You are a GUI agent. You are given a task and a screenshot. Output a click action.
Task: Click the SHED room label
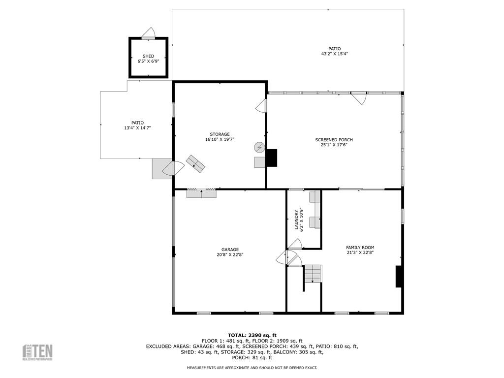(148, 56)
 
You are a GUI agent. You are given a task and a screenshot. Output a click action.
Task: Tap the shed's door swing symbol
(149, 33)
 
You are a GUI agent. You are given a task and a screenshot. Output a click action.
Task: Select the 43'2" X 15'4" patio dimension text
(334, 54)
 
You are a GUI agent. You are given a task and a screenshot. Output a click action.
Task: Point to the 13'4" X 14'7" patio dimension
(138, 128)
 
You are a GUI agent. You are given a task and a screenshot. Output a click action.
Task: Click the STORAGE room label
(220, 134)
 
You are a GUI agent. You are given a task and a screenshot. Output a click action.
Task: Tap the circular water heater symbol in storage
(259, 147)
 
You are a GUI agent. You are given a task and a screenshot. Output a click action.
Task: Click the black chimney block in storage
(272, 158)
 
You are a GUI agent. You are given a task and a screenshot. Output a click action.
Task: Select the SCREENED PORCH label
(334, 140)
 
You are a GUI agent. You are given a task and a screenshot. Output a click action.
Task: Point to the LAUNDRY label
(296, 220)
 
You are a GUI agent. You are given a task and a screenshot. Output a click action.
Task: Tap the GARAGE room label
(230, 250)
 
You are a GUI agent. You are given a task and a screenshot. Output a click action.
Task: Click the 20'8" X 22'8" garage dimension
(230, 254)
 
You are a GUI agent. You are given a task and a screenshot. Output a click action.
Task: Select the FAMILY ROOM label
(360, 248)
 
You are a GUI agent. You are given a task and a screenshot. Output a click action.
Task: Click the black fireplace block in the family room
(399, 277)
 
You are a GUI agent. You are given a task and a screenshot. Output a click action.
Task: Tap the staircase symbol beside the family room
(313, 274)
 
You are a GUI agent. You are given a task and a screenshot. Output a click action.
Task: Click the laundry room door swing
(294, 244)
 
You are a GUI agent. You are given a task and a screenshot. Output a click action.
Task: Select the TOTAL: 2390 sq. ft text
(252, 335)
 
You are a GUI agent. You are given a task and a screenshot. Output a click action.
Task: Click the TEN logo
(37, 352)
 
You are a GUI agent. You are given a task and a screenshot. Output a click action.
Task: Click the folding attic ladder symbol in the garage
(201, 192)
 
